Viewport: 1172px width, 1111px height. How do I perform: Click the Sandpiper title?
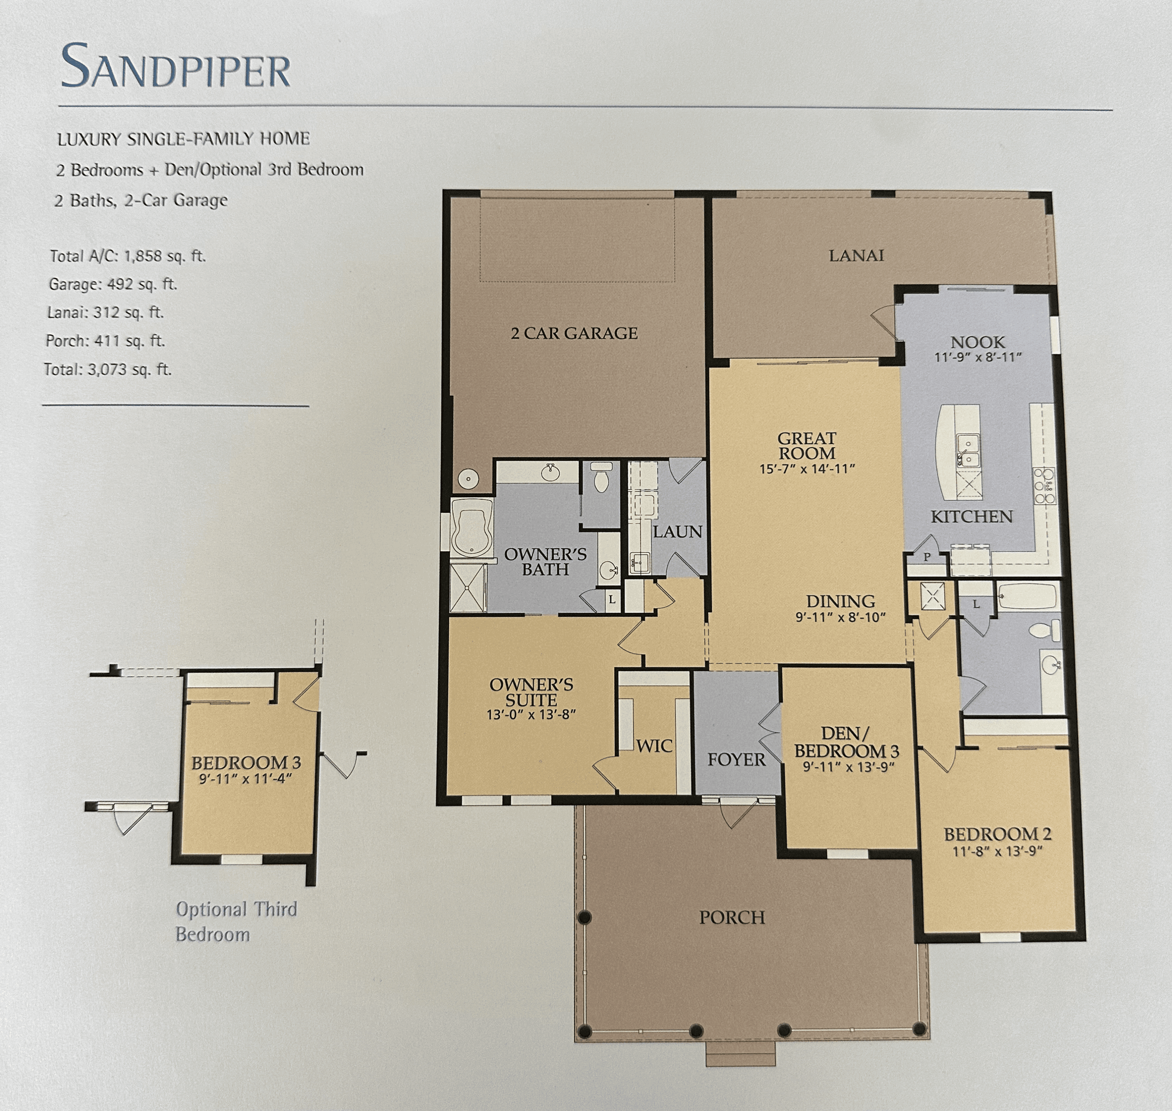click(176, 66)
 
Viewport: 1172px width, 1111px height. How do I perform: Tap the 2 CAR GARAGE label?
click(574, 334)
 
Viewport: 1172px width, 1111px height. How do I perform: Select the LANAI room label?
click(856, 255)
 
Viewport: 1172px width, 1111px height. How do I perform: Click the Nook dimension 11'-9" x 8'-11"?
click(978, 357)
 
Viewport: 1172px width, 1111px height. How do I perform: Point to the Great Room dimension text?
click(807, 468)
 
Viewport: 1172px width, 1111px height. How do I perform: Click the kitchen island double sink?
click(968, 450)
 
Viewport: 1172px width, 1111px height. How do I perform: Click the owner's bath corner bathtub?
click(472, 527)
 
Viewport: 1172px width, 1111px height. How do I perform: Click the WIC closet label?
click(654, 746)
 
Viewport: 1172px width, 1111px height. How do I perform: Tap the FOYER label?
click(736, 759)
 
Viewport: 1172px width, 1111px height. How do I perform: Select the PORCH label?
click(732, 917)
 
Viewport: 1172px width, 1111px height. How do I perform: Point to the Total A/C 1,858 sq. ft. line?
click(127, 256)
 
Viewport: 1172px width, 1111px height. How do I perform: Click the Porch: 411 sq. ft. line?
click(105, 341)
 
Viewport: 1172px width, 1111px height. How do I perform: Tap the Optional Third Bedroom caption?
click(236, 922)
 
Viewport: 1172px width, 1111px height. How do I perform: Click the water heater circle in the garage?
click(468, 477)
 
